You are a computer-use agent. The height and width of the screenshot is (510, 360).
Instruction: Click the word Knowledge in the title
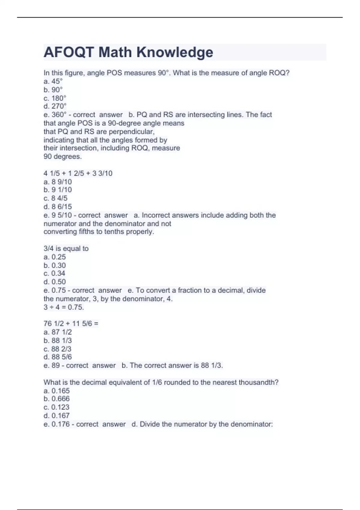click(x=175, y=52)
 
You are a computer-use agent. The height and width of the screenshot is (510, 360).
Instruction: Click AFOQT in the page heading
click(x=69, y=52)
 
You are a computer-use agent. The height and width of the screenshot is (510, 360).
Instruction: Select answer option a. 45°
click(x=53, y=81)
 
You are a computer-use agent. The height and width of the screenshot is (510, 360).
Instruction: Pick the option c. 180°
click(x=55, y=98)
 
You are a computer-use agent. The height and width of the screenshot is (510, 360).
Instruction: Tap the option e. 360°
click(x=55, y=115)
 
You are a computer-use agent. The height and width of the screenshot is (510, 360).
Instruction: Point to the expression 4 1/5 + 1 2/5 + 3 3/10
click(x=78, y=173)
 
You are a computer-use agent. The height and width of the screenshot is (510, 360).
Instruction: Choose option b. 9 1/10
click(x=58, y=190)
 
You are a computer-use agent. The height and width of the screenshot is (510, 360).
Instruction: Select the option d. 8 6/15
click(x=58, y=206)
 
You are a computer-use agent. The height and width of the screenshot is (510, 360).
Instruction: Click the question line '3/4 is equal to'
click(x=66, y=248)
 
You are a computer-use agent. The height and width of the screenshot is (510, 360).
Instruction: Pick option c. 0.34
click(x=54, y=273)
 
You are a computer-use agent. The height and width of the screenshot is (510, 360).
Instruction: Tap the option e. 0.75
click(x=55, y=290)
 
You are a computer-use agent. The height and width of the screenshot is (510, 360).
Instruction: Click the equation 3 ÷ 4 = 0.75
click(x=64, y=307)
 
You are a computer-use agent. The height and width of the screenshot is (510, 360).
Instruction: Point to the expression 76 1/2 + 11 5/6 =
click(x=71, y=323)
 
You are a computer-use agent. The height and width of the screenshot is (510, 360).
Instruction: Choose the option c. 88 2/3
click(x=58, y=349)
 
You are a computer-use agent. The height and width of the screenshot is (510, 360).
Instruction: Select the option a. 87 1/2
click(x=58, y=332)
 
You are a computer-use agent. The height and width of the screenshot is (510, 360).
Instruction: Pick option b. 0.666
click(x=56, y=399)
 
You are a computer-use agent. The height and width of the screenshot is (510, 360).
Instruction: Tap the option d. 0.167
click(x=56, y=415)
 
